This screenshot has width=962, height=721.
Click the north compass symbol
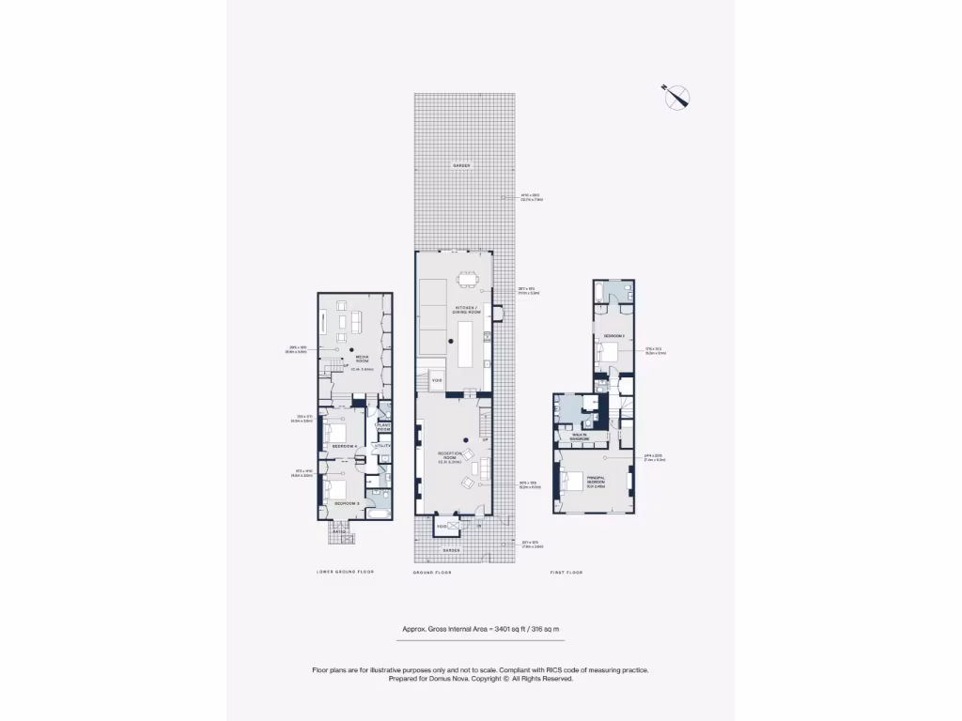pos(676,97)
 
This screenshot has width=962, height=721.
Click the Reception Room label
pos(450,457)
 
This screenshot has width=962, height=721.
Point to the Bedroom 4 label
pos(347,445)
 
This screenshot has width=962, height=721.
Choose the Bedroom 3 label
pos(347,504)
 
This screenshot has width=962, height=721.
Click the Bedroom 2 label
pos(613,334)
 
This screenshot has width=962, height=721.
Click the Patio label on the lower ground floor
pos(340,532)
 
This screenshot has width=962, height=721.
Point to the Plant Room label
pos(383,427)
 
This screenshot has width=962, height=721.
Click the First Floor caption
pos(566,572)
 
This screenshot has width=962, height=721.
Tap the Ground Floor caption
pos(433,572)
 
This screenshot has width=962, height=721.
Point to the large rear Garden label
pos(459,165)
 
